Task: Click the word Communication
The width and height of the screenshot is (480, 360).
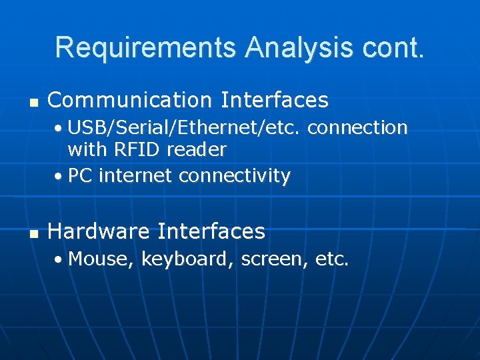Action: pyautogui.click(x=129, y=100)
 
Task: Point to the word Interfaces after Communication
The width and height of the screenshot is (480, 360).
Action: pyautogui.click(x=275, y=100)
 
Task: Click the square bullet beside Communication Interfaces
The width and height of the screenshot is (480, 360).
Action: pyautogui.click(x=33, y=102)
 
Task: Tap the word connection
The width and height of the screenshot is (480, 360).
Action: pyautogui.click(x=357, y=127)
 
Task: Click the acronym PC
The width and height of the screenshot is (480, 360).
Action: pyautogui.click(x=80, y=176)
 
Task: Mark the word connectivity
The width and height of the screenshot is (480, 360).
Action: pyautogui.click(x=235, y=176)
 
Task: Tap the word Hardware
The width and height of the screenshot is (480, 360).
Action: pyautogui.click(x=99, y=231)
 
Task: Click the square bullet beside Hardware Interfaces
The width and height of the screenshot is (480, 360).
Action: pyautogui.click(x=33, y=233)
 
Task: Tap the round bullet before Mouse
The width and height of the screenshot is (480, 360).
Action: pyautogui.click(x=59, y=260)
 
